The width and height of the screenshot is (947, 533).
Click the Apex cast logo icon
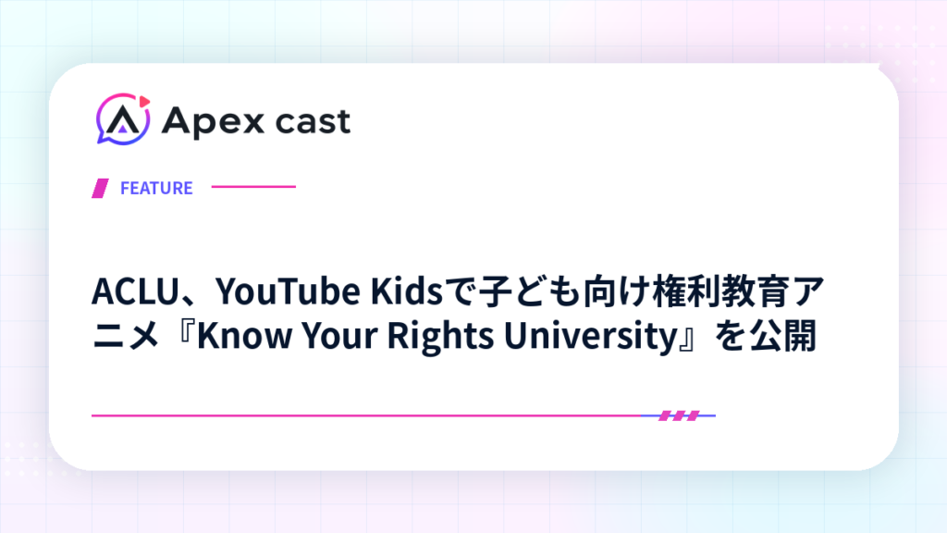point(123,119)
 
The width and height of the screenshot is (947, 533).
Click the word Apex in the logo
point(214,122)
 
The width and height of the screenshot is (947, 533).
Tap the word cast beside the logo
point(313,121)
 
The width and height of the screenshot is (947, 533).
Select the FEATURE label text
point(156,188)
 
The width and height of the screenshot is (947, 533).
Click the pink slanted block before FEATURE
point(100,188)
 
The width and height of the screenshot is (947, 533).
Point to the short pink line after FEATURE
point(253,187)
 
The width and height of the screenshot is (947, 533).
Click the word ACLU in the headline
point(136,291)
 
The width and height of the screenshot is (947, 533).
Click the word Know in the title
point(244,335)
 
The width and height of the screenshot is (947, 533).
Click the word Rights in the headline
point(440,336)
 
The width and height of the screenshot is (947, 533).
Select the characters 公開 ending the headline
point(783,335)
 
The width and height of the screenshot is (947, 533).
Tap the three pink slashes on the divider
point(679,415)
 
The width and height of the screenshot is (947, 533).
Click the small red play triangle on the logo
point(144,101)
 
